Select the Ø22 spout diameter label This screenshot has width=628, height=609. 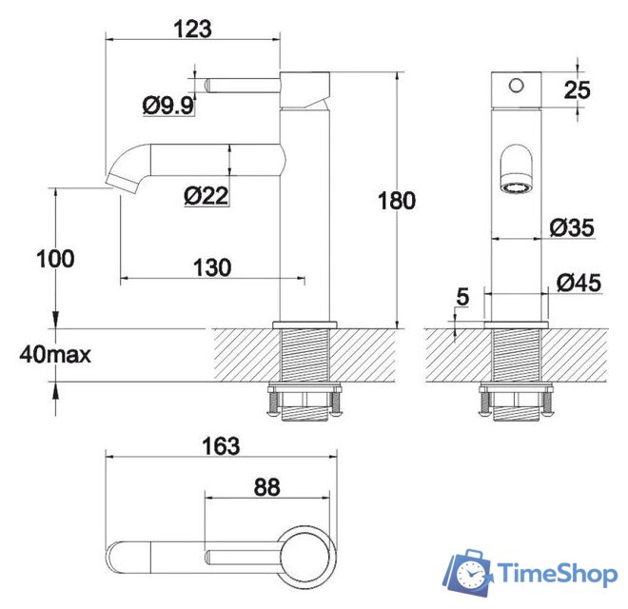(206, 196)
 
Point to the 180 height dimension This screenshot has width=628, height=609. (397, 201)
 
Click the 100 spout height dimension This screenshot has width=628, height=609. (55, 258)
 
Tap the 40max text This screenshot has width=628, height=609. (54, 356)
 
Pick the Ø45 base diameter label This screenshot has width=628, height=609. (578, 282)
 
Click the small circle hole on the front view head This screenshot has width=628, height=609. (516, 86)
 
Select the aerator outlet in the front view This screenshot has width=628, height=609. (516, 187)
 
